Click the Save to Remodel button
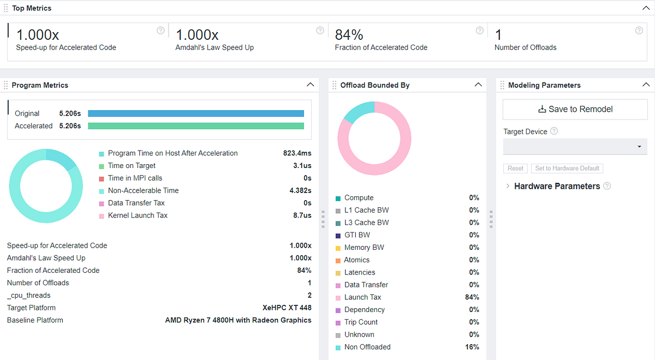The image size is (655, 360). [575, 109]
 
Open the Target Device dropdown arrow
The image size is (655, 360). [640, 146]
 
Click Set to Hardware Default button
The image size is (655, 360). [567, 169]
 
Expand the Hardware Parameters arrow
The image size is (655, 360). [508, 186]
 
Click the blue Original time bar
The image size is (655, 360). [196, 113]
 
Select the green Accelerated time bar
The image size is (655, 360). [196, 126]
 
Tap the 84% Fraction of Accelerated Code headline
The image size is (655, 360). [349, 35]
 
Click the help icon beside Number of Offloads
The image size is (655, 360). [639, 31]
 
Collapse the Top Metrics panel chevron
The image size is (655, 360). [646, 8]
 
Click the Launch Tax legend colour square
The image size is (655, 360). [338, 298]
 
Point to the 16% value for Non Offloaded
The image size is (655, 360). [472, 347]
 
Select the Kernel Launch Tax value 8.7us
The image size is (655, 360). [302, 215]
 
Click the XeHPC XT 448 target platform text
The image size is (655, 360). [287, 308]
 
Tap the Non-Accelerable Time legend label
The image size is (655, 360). [143, 190]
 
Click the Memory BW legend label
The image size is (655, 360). [364, 248]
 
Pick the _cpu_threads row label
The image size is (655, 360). [28, 296]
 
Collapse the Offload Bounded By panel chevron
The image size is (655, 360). [478, 85]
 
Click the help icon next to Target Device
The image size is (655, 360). [554, 131]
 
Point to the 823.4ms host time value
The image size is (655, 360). [297, 153]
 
